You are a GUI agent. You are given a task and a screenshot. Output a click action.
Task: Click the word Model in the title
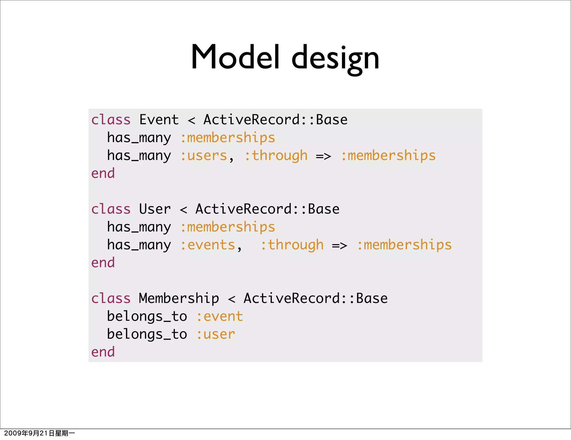click(235, 57)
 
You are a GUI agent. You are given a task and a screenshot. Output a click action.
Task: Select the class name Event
click(159, 120)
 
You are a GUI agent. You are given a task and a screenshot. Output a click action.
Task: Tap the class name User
click(155, 209)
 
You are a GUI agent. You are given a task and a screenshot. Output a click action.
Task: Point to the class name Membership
click(179, 298)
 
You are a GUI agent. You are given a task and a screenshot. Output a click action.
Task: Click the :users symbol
click(204, 156)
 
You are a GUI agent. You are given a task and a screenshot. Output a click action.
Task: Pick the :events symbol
click(208, 245)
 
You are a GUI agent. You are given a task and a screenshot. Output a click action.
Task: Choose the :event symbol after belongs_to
click(220, 316)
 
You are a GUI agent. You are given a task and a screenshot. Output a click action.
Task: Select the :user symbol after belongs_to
click(216, 334)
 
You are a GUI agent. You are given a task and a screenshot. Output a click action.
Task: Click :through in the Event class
click(276, 156)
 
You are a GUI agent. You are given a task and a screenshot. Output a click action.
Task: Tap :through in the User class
click(292, 245)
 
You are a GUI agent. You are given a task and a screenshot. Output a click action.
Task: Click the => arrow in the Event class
click(323, 156)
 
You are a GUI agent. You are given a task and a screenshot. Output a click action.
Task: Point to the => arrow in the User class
click(340, 245)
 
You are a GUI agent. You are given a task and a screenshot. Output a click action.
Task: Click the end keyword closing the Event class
click(103, 173)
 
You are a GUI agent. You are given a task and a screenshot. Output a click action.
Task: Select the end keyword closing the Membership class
click(103, 352)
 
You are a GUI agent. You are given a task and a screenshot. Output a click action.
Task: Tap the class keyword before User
click(111, 209)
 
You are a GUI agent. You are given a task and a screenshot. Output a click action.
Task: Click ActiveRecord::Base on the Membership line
click(316, 298)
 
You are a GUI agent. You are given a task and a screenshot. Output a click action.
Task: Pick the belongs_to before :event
click(147, 316)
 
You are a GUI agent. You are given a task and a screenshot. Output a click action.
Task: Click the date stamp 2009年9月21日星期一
click(39, 433)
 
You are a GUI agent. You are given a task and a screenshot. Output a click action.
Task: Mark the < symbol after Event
click(191, 120)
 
